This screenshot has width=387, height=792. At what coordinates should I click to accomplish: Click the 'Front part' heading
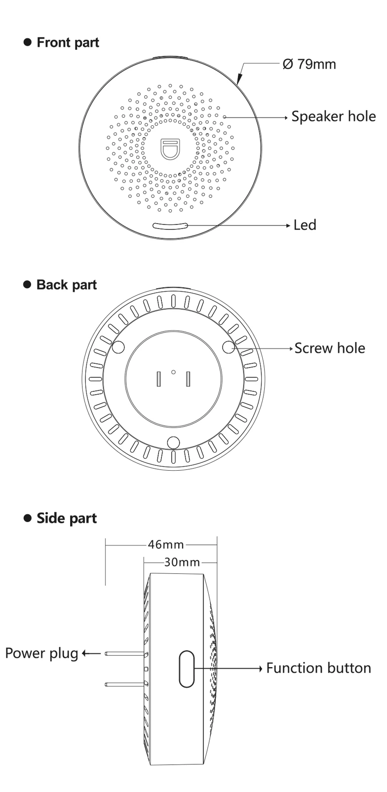point(68,42)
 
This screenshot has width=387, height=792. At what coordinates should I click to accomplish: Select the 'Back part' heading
point(66,285)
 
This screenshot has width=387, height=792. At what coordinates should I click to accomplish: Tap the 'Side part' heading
point(67,518)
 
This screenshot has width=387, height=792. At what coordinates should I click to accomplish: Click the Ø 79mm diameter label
point(310,64)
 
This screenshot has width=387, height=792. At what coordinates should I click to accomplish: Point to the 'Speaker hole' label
point(333,116)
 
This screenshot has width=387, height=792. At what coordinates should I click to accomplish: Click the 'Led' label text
point(305,225)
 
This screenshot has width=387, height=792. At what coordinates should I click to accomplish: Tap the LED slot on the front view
point(170,226)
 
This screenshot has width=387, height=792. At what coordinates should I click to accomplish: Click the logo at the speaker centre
point(171,149)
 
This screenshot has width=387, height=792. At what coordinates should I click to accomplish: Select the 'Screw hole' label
point(330,348)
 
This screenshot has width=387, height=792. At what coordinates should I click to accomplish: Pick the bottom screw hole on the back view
point(173,442)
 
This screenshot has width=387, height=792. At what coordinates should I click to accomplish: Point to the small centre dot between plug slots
point(173,372)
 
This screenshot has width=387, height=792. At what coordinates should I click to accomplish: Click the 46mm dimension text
point(166,545)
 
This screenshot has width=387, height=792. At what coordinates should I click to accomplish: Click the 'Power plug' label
point(42,653)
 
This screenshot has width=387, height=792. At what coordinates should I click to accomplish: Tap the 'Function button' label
point(318,668)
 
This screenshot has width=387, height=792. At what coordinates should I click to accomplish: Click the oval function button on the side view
point(186,669)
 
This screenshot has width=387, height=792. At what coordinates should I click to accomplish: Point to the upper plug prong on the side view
point(124,653)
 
